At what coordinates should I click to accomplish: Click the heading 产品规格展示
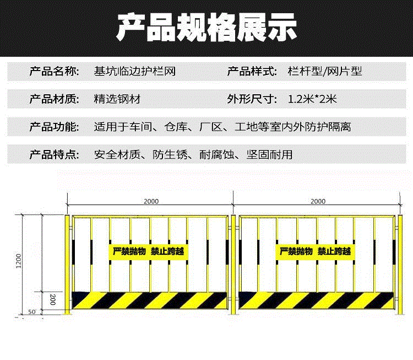[x=206, y=28]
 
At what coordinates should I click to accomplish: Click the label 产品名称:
[x=55, y=72]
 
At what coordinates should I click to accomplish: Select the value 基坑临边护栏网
[x=135, y=72]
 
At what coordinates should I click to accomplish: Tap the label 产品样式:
[x=251, y=72]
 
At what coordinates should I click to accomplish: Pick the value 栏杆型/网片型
[x=325, y=72]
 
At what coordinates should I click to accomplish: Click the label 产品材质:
[x=55, y=100]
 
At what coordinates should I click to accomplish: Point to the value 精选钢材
[x=117, y=100]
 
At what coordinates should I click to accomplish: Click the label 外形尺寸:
[x=251, y=100]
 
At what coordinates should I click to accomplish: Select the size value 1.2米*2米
[x=312, y=100]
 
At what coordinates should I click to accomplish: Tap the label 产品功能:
[x=55, y=127]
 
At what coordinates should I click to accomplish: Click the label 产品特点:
[x=55, y=155]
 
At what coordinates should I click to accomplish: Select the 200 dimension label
[x=52, y=300]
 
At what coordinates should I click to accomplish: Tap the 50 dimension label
[x=31, y=312]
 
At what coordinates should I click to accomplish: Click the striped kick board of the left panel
[x=150, y=300]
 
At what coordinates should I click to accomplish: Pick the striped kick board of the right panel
[x=317, y=300]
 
